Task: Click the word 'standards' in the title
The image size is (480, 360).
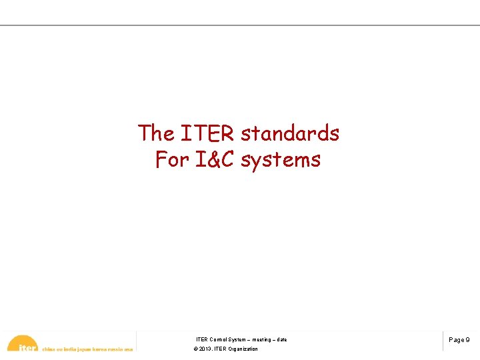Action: point(290,133)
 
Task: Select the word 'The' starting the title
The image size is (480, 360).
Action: point(156,133)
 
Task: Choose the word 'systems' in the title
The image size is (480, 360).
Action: point(281,161)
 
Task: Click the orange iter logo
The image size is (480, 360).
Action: point(23,344)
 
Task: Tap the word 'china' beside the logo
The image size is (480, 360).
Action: point(49,349)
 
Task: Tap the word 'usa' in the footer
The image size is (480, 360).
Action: point(129,349)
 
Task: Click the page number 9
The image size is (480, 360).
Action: point(467,340)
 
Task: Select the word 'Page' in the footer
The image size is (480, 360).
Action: point(457,340)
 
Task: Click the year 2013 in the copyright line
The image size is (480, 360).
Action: point(205,349)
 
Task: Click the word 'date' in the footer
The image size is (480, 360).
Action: point(282,340)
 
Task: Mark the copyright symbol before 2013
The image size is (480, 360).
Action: point(195,349)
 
